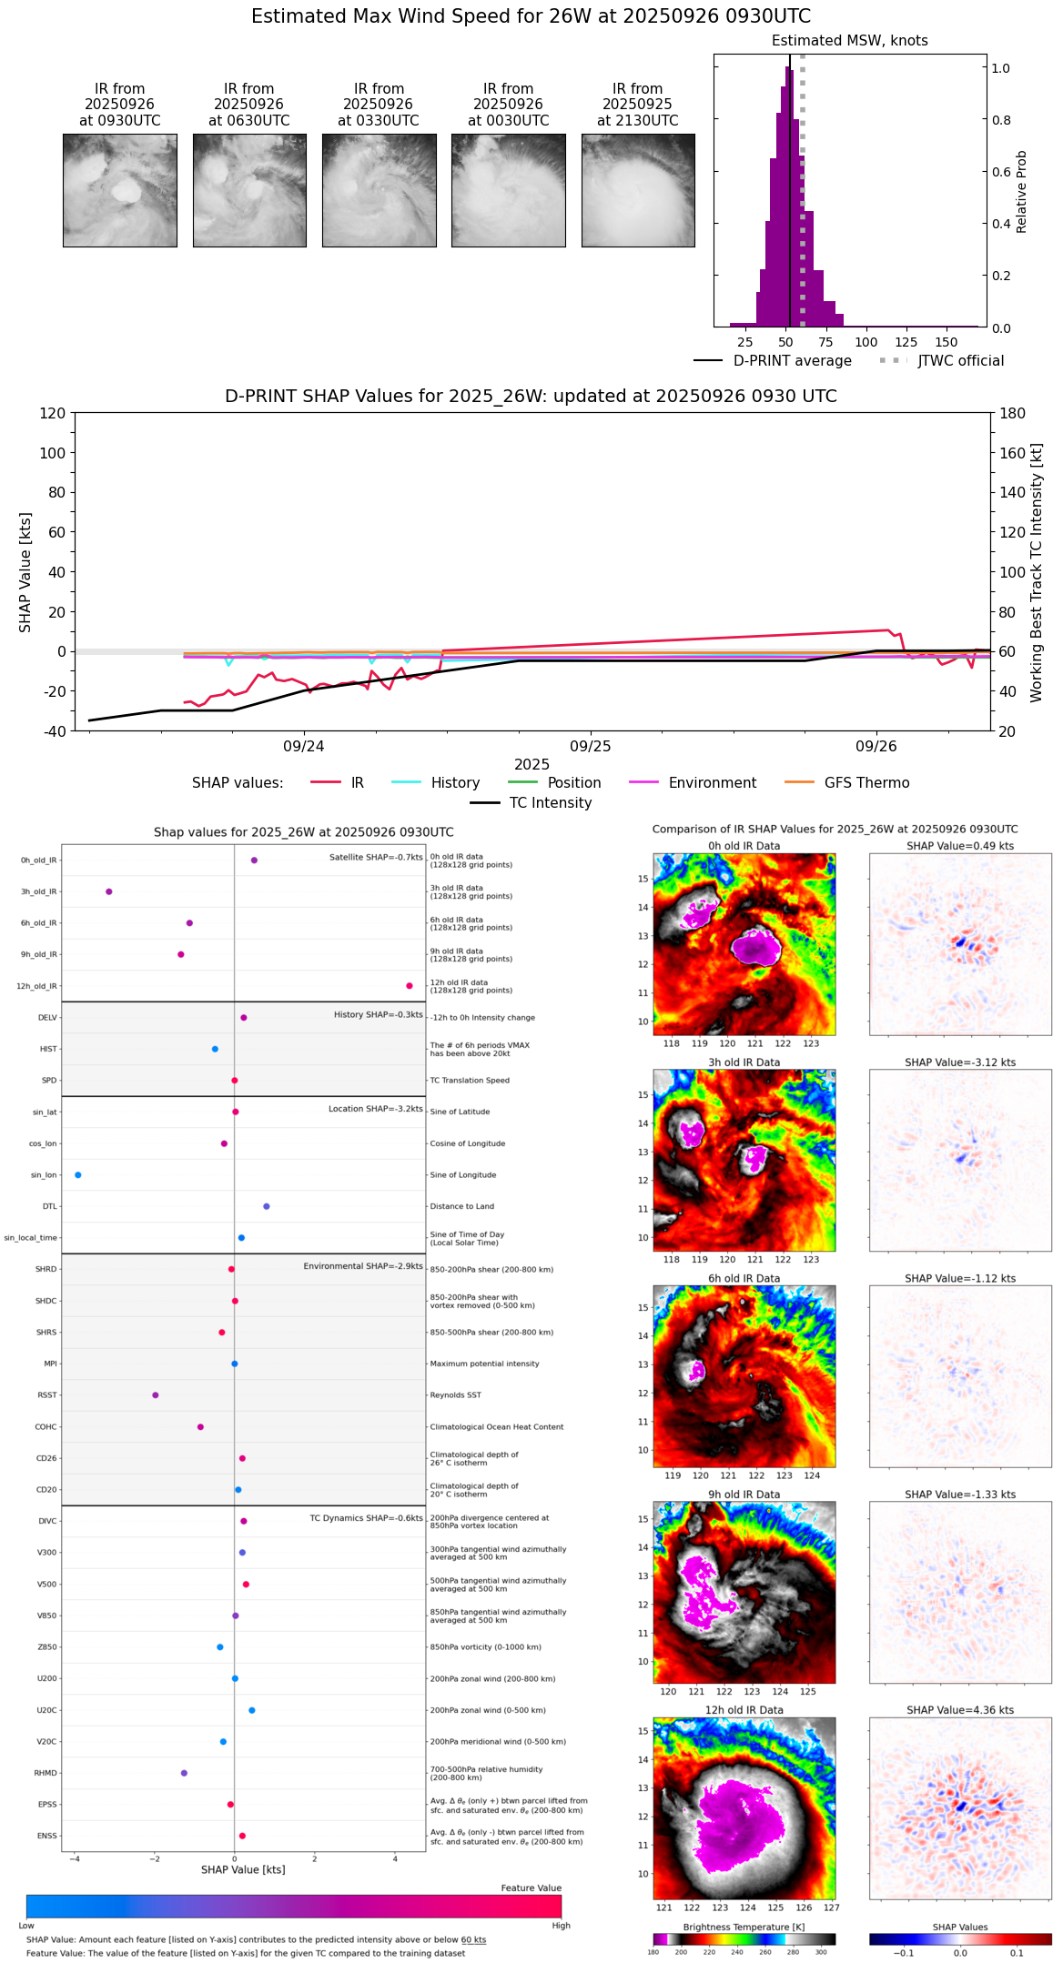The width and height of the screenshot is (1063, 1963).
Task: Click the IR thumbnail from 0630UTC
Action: [249, 190]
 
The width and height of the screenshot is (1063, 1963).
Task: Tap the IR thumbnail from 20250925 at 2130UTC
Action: [638, 190]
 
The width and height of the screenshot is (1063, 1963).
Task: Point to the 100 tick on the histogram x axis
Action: [866, 342]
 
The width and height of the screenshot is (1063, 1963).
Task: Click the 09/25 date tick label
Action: [591, 746]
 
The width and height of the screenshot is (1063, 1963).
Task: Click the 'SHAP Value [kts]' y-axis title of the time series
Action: [25, 572]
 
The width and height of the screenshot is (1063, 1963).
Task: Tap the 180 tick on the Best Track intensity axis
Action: [1013, 414]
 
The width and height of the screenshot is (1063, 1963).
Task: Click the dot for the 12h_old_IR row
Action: [410, 986]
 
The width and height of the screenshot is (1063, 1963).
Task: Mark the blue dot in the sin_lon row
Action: [78, 1175]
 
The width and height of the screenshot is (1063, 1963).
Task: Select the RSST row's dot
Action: [156, 1395]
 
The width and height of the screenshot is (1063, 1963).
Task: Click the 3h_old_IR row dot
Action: [109, 891]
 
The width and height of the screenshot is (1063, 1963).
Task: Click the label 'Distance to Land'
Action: [462, 1207]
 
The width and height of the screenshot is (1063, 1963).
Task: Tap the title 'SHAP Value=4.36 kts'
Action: [960, 1710]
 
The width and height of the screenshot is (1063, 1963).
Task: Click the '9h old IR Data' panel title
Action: [744, 1495]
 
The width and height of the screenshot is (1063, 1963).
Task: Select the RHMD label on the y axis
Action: [46, 1773]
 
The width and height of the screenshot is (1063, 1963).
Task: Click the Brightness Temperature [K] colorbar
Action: [744, 1938]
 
